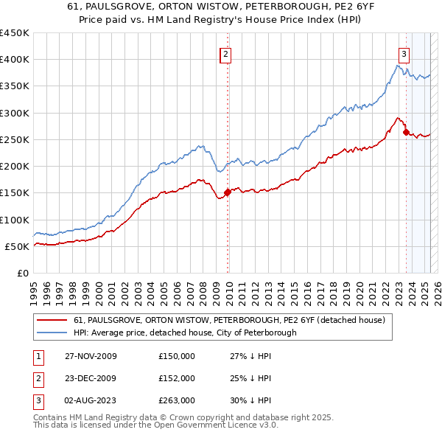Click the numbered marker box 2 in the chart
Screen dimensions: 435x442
point(225,54)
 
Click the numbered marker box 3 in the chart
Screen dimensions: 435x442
point(404,53)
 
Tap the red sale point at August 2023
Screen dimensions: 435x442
point(406,133)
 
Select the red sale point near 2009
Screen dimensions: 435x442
point(227,192)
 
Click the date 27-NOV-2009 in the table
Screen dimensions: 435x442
point(91,356)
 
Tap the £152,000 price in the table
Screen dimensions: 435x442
point(177,378)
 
